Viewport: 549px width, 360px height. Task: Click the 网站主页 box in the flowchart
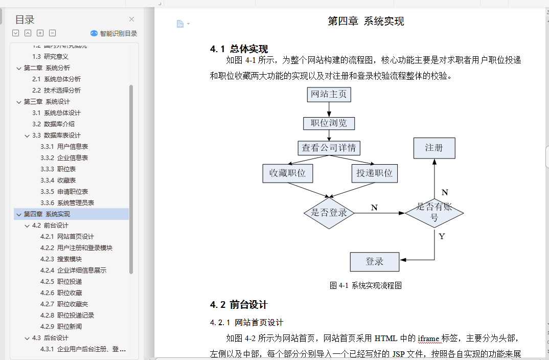329,95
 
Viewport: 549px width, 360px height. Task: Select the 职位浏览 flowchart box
329,123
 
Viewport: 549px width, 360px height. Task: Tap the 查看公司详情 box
329,148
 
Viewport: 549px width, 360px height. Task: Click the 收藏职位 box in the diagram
287,173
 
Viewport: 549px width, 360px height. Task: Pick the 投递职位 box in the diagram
374,173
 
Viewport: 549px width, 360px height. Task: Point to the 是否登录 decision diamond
329,212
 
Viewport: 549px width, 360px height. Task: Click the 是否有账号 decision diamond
434,213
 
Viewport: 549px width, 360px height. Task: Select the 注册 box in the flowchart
434,148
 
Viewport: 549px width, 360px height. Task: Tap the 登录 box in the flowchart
374,261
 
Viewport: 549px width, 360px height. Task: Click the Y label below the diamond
442,236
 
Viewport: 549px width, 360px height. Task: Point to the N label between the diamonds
374,207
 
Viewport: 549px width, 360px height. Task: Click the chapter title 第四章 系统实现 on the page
365,21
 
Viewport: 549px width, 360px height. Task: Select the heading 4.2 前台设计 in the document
239,305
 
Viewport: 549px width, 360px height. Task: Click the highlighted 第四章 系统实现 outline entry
47,214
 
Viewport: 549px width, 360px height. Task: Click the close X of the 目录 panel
131,19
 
